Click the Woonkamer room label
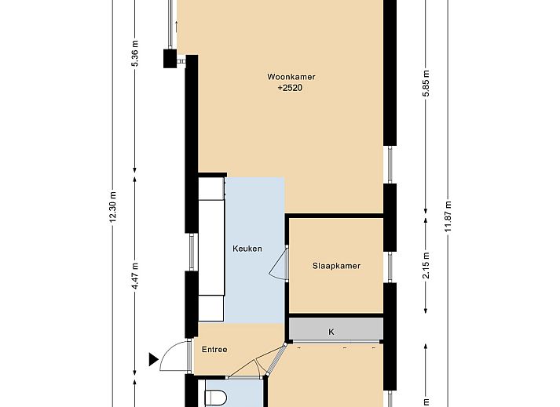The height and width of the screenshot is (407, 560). tap(291, 77)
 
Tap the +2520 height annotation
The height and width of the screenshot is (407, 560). tap(290, 88)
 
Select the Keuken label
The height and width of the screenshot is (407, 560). tap(247, 249)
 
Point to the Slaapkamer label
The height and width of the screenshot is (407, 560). tap(336, 266)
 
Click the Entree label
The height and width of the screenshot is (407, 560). tap(214, 350)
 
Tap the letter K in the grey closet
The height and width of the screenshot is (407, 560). tap(331, 332)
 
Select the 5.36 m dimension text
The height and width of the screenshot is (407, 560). tap(134, 53)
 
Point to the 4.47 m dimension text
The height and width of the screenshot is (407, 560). tap(134, 276)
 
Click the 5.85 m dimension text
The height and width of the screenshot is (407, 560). tap(426, 84)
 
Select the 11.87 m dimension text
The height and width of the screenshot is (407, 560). tap(448, 216)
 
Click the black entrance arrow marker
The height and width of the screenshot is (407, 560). tap(154, 359)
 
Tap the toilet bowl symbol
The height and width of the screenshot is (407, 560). tap(216, 398)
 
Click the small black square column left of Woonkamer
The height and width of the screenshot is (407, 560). tap(170, 59)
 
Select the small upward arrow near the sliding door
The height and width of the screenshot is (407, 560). tap(176, 27)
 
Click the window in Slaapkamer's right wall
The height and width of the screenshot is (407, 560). tap(390, 267)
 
